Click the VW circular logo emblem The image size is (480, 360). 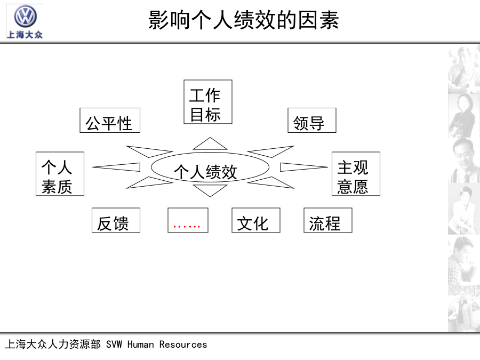(x=25, y=16)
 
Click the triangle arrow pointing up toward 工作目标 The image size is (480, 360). (x=210, y=144)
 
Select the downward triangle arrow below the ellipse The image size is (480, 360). (x=210, y=190)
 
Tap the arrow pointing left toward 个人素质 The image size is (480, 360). (x=116, y=167)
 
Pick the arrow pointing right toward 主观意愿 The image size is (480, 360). (x=304, y=167)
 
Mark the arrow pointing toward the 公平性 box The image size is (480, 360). (x=149, y=151)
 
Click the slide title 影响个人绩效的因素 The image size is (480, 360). (x=244, y=20)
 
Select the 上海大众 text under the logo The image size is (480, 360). (x=25, y=35)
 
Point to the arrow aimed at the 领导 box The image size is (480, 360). (x=271, y=151)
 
